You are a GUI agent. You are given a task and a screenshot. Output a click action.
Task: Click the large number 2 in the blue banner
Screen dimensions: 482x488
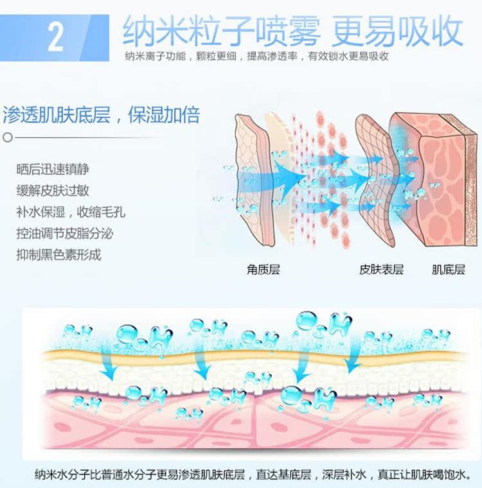pos(56,37)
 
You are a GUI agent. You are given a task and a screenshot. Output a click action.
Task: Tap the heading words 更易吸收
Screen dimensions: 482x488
pos(398,30)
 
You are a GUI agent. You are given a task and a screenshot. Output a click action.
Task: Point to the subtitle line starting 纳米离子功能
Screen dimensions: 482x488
pos(257,57)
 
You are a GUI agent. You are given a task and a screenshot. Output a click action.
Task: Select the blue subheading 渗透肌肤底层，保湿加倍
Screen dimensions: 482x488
pos(102,115)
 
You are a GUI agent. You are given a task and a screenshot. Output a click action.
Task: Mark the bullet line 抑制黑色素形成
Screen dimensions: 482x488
pos(59,254)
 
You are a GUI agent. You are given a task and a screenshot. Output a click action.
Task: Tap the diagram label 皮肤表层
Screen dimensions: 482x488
pos(381,270)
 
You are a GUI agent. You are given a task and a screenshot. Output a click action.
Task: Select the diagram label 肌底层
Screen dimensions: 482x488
pos(448,270)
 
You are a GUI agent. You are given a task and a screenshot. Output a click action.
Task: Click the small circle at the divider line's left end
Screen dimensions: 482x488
pos(7,137)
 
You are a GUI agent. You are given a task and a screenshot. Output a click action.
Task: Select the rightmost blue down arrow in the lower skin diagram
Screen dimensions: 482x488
pos(352,363)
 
